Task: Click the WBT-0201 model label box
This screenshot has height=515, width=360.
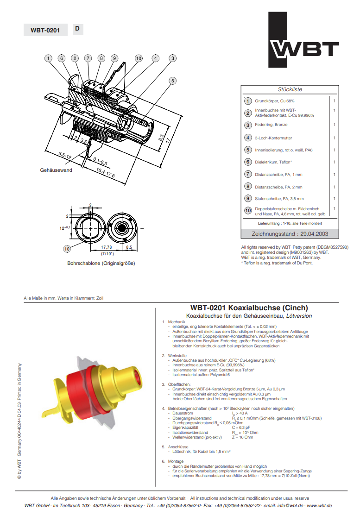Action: tap(45, 30)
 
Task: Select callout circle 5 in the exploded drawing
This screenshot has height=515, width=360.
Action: tap(172, 81)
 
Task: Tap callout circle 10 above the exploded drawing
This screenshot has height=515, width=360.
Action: tap(139, 58)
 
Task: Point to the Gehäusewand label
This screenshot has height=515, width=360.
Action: tap(56, 170)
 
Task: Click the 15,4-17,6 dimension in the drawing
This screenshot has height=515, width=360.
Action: tap(106, 173)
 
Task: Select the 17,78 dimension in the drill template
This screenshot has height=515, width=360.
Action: tap(107, 248)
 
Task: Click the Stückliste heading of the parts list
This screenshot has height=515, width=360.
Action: tap(290, 89)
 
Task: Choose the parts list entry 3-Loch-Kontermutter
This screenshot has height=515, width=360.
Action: tap(273, 138)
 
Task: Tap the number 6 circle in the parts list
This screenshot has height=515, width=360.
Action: tap(248, 162)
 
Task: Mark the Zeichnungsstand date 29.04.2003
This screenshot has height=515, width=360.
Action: tap(290, 233)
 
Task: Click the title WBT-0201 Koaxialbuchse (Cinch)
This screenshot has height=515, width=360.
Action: tap(249, 308)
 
